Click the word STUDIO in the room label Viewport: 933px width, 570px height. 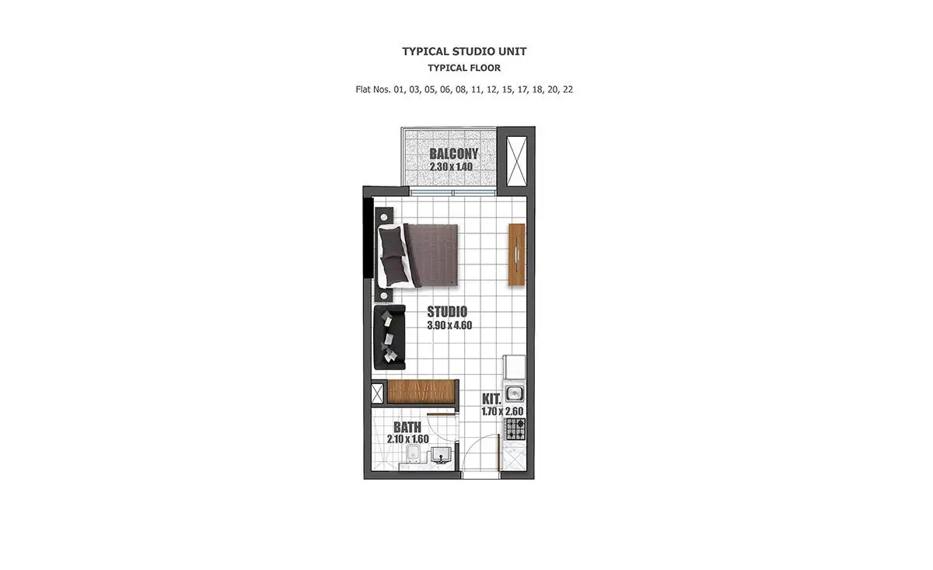click(x=447, y=312)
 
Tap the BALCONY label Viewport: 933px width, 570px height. click(x=453, y=154)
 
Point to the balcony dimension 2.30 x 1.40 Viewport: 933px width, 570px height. click(x=451, y=166)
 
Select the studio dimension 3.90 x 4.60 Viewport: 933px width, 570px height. click(x=449, y=325)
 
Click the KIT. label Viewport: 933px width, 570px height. click(x=491, y=399)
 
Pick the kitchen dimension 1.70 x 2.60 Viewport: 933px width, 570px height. click(x=502, y=411)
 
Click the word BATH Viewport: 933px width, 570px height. click(x=407, y=427)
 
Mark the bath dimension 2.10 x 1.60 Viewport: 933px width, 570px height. click(x=407, y=439)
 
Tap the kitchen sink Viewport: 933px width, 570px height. click(x=515, y=393)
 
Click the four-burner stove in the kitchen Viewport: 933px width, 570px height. click(x=515, y=429)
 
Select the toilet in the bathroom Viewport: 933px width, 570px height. click(x=413, y=454)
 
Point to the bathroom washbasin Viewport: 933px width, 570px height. click(x=441, y=455)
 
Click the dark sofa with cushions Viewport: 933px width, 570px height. click(x=390, y=337)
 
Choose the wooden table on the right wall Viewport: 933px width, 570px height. click(x=516, y=254)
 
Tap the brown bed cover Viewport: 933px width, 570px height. click(x=433, y=255)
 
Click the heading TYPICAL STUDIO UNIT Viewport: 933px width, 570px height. click(x=464, y=51)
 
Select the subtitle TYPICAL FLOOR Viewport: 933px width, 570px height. click(x=464, y=68)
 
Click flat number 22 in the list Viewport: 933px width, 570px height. click(x=568, y=89)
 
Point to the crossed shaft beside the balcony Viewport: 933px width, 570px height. click(x=516, y=161)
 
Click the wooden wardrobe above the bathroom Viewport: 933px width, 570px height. click(x=421, y=392)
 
